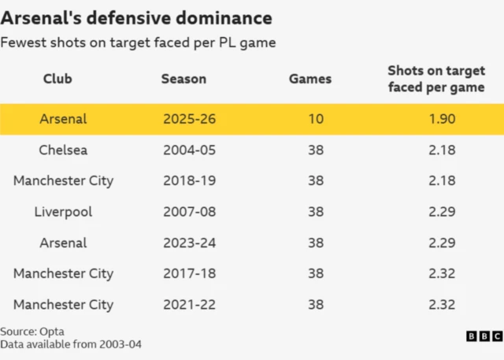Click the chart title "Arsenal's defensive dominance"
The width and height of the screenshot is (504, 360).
(138, 17)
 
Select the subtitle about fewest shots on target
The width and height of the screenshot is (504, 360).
(138, 43)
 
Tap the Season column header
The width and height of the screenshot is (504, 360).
(183, 79)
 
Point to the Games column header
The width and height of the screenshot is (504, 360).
(310, 79)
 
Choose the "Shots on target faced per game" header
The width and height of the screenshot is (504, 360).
(435, 79)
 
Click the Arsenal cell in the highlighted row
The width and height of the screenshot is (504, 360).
(63, 119)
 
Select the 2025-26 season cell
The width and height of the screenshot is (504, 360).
(189, 119)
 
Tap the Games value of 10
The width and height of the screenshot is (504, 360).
(316, 119)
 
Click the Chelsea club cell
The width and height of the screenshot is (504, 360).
(63, 150)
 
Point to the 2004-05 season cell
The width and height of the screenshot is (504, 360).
(189, 150)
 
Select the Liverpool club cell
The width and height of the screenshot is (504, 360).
(63, 212)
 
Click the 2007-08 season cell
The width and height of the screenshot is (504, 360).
(189, 212)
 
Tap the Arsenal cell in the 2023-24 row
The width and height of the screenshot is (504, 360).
(63, 243)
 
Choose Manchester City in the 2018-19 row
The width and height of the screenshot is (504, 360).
(63, 180)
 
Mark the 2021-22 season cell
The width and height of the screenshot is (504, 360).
(189, 305)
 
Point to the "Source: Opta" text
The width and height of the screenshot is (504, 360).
(32, 332)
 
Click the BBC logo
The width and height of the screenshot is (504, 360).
(484, 336)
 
